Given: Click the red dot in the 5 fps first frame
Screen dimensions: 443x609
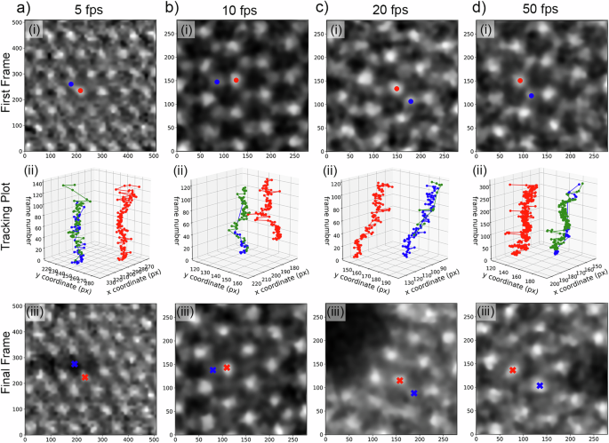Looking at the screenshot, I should (81, 91).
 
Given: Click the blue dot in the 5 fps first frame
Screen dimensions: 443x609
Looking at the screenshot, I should (71, 83).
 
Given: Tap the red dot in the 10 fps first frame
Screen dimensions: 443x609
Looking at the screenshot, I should (236, 80).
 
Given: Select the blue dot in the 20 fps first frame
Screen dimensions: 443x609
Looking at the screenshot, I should (411, 101).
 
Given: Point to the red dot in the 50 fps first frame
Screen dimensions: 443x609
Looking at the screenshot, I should (520, 81).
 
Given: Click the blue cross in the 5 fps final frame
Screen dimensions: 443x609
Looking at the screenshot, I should (75, 365).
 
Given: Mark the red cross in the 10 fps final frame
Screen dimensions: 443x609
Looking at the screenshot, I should (227, 368).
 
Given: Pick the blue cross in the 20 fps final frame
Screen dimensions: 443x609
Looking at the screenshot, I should (413, 392).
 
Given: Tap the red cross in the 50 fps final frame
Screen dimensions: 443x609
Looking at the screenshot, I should (513, 370).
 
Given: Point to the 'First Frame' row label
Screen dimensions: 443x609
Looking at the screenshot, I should (8, 86).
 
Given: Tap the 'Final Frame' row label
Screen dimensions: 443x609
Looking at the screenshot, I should (8, 363).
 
